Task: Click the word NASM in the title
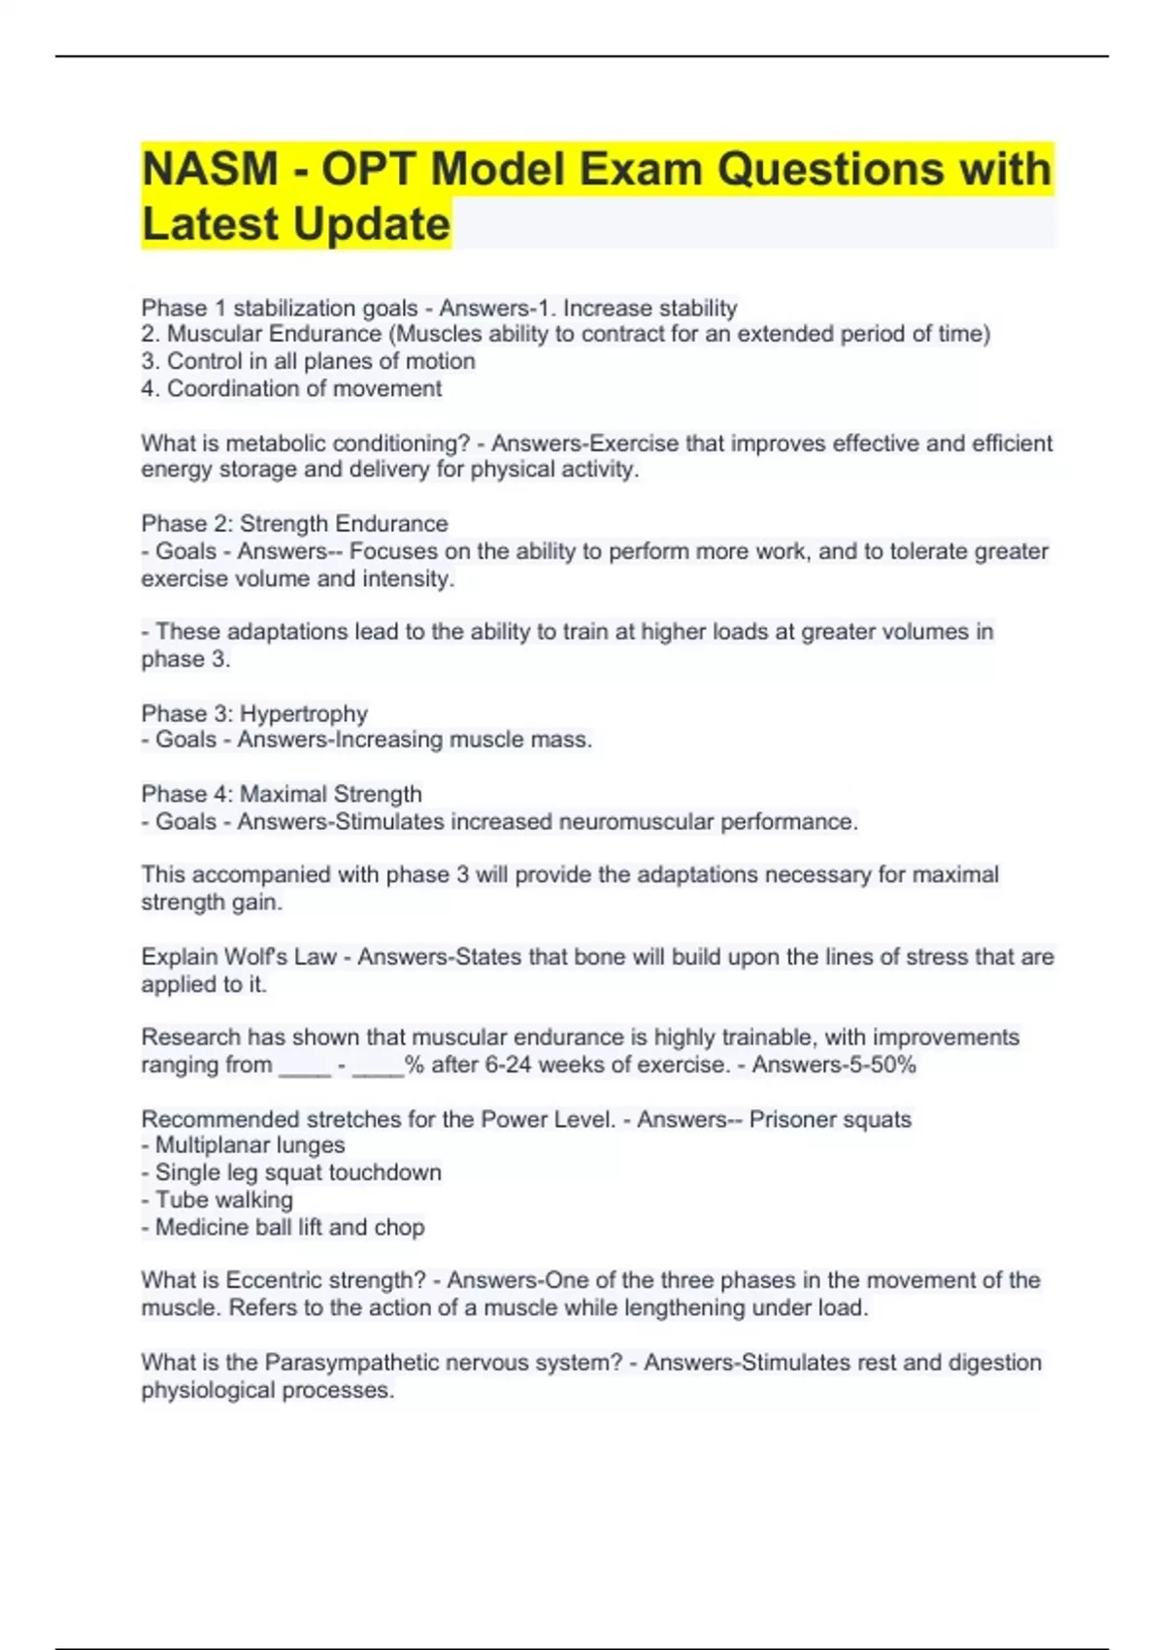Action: coord(210,169)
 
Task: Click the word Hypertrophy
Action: coord(304,713)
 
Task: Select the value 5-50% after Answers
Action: coord(880,1065)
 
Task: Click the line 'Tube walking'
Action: coord(223,1200)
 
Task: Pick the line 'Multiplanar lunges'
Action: coord(250,1145)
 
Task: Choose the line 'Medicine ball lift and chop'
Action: coord(289,1228)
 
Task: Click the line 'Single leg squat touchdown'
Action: coord(297,1172)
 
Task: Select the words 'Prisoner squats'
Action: coord(830,1119)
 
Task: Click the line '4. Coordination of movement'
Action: coord(291,388)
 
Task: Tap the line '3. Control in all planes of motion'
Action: coord(308,361)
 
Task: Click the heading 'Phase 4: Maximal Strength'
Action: coord(282,794)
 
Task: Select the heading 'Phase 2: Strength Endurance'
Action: coord(294,524)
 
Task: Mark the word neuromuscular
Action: coord(633,822)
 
